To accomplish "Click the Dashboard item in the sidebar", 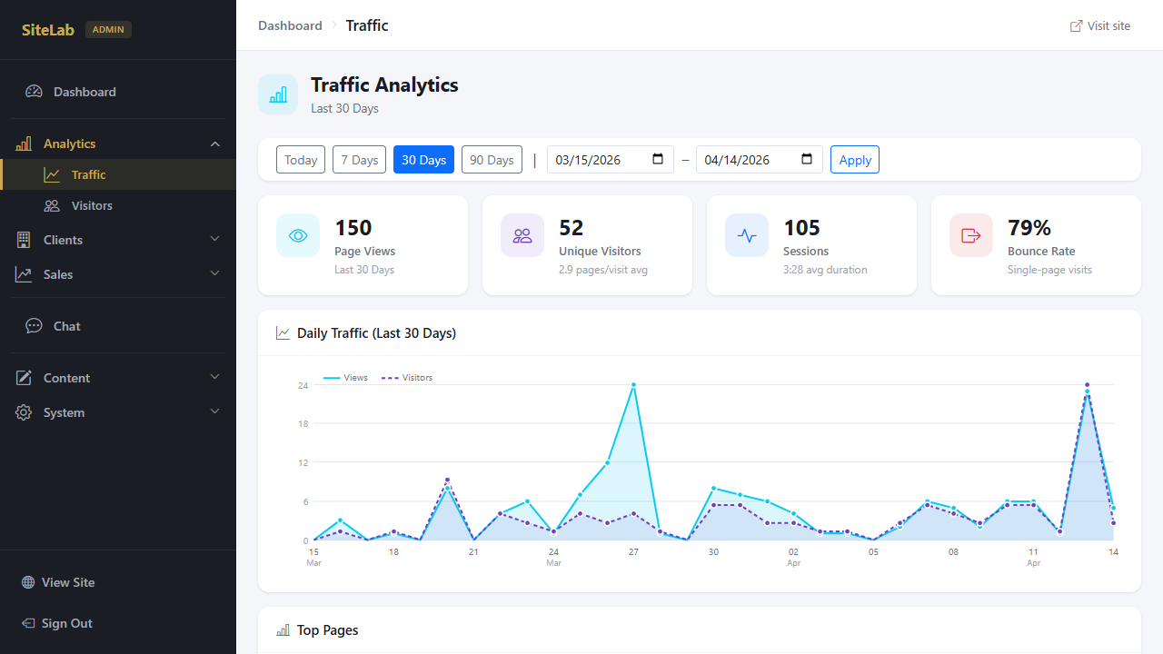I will coord(84,92).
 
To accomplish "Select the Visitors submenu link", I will coord(92,206).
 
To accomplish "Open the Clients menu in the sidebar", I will coord(63,240).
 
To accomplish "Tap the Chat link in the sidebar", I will coord(66,326).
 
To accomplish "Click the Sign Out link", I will coord(66,623).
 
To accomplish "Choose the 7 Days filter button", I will coord(359,160).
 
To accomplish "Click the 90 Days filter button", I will coord(492,160).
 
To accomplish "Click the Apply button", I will coord(854,160).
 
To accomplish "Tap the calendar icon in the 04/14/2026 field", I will coord(807,160).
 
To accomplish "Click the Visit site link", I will coord(1100,25).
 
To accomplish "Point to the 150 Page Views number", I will coord(353,227).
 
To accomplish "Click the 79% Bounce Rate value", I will coord(1029,227).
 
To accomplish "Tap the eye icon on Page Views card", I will coord(298,235).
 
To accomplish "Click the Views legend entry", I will coord(346,378).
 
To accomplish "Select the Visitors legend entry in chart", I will coord(407,378).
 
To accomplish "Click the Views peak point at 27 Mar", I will coord(633,385).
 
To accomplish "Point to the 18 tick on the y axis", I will coord(303,424).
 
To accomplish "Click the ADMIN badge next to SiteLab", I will coord(108,30).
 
